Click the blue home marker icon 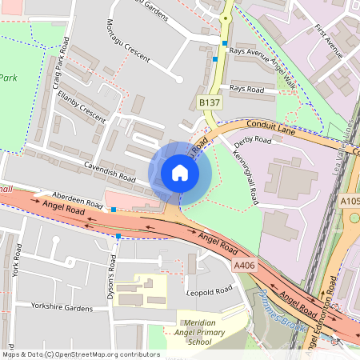(x=180, y=173)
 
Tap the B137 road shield (x=210, y=103)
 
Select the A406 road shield (x=244, y=264)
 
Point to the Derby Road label (x=252, y=142)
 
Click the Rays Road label (x=246, y=88)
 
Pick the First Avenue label (x=328, y=42)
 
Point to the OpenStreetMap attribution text (x=81, y=354)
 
